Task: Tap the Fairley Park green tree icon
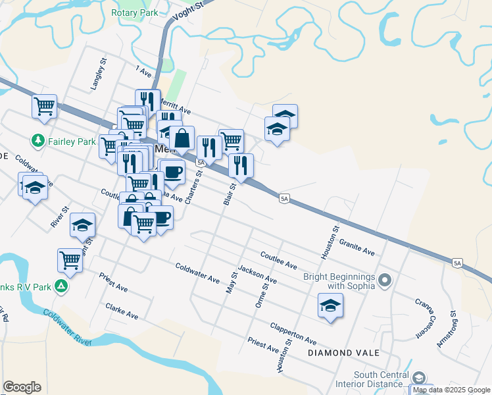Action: [37, 141]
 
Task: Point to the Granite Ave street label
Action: [357, 248]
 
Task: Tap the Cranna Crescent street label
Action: [424, 317]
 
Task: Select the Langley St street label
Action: [99, 76]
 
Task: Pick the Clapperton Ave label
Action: [293, 334]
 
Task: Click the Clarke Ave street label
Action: [122, 311]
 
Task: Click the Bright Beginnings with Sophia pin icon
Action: [385, 281]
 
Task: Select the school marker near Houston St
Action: [330, 305]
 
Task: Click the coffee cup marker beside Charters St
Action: [173, 173]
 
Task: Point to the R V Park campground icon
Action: [61, 286]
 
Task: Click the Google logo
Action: [22, 387]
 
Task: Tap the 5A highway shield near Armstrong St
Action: [458, 263]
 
